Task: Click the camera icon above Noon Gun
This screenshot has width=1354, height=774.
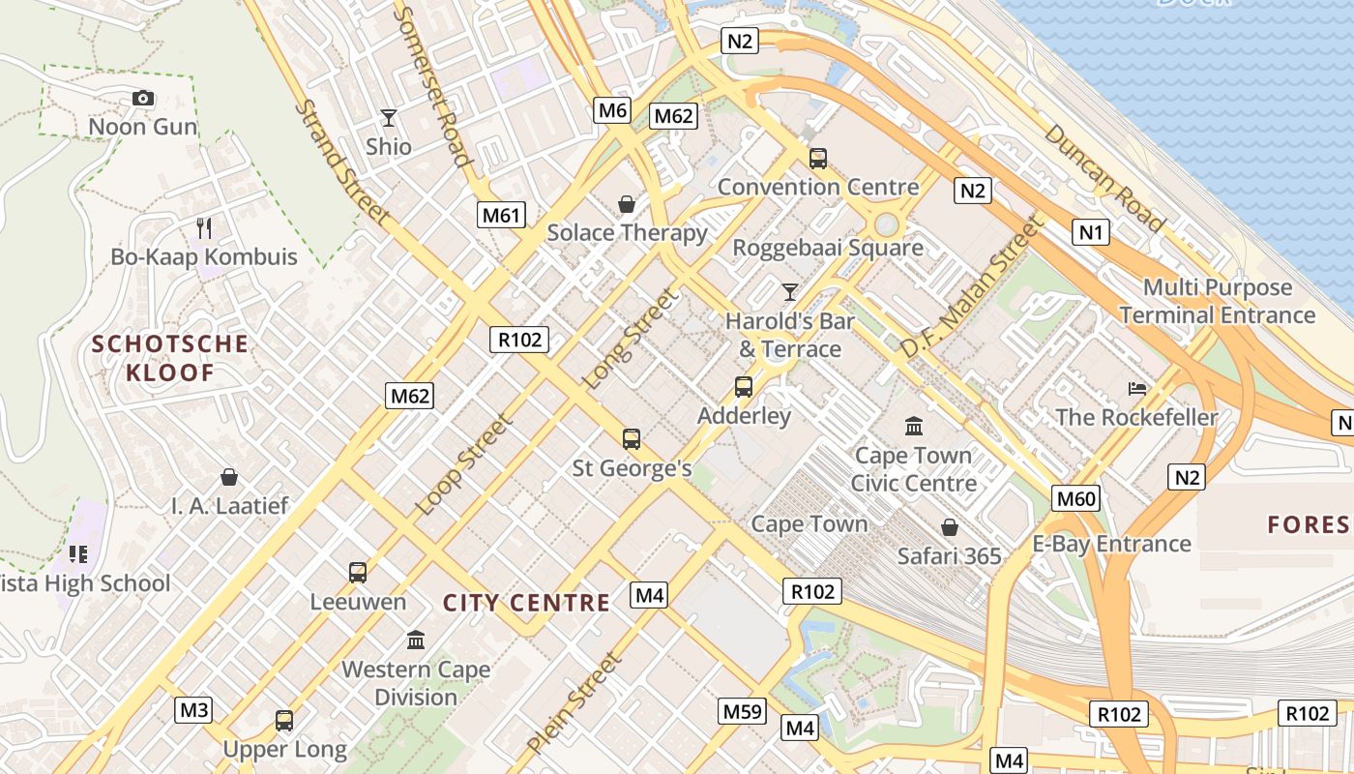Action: (143, 98)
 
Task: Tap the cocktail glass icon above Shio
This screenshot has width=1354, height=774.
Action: (389, 118)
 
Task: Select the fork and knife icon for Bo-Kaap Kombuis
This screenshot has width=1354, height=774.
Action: (204, 228)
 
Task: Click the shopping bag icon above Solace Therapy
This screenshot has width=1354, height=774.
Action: (627, 204)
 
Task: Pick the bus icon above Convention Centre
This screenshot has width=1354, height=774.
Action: (818, 159)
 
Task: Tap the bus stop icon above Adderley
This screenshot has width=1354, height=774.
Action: (744, 387)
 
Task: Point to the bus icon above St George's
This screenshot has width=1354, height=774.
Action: (632, 439)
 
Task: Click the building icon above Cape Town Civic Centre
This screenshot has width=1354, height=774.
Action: (914, 426)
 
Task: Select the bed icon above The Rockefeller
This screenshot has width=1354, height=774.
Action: (1137, 389)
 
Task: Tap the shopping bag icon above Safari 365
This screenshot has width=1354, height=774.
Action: (950, 527)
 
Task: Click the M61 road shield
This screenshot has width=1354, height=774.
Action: (502, 215)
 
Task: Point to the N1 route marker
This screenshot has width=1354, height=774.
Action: (1092, 232)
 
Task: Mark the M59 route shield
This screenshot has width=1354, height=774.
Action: (743, 712)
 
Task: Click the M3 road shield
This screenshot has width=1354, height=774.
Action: (194, 710)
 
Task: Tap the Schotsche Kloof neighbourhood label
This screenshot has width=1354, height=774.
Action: (170, 358)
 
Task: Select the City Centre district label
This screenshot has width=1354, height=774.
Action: (526, 604)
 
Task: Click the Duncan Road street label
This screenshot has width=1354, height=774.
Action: (1104, 178)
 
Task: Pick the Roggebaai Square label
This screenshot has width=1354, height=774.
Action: (828, 248)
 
